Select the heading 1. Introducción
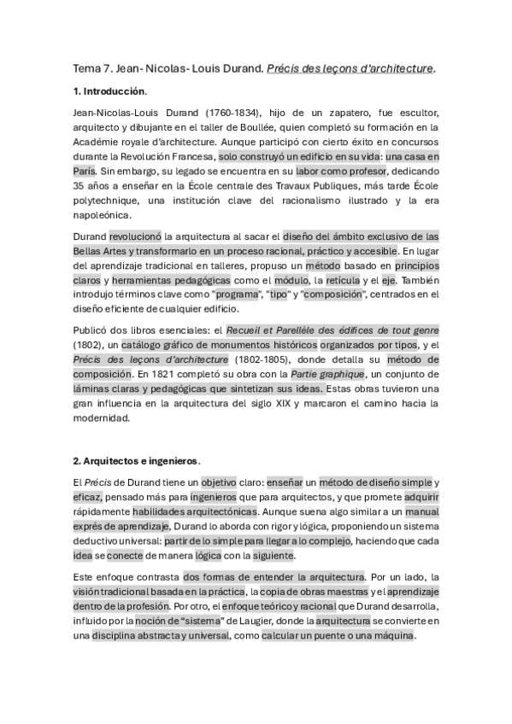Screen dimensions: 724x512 [110, 91]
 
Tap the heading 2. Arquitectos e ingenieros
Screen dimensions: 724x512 [136, 461]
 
